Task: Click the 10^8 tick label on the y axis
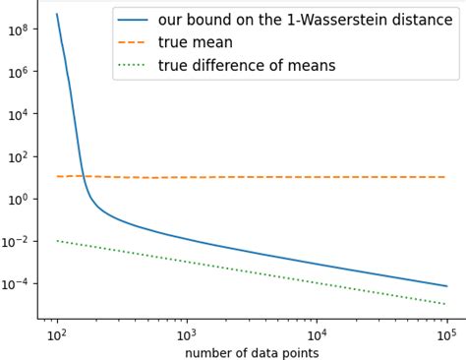tap(18, 30)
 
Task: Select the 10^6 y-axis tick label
tap(18, 72)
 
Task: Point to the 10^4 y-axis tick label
tap(18, 114)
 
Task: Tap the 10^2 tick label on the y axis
tap(18, 156)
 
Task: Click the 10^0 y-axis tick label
tap(18, 199)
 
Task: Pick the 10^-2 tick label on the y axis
tap(16, 241)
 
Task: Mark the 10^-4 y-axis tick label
tap(16, 283)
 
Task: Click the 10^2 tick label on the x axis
tap(57, 333)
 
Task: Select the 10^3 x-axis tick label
tap(187, 333)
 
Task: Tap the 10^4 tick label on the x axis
tap(317, 333)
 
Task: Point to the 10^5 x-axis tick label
tap(446, 333)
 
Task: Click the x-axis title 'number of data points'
tap(252, 352)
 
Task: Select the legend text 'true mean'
tap(195, 42)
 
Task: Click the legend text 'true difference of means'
tap(246, 65)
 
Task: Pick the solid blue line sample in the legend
tap(134, 21)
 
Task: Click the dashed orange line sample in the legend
tap(134, 43)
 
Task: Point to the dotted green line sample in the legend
tap(134, 66)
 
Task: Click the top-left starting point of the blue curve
tap(57, 14)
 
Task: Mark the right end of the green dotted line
tap(446, 304)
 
